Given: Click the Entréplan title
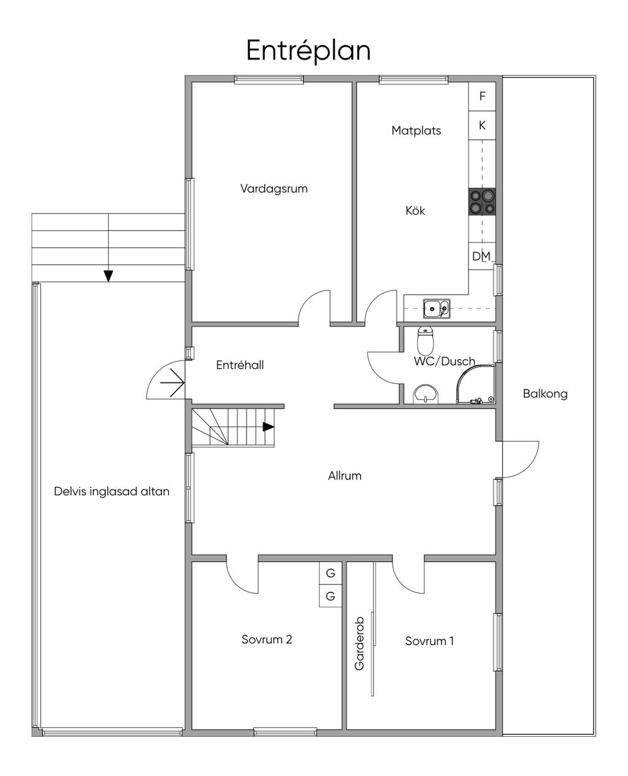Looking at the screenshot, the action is click(x=308, y=50).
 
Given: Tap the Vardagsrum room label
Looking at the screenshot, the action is click(x=274, y=188).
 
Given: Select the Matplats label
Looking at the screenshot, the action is click(x=416, y=130).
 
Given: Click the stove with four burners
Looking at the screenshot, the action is click(x=482, y=201).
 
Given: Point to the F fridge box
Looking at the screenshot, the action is click(x=482, y=96).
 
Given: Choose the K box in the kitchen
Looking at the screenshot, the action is click(x=482, y=125).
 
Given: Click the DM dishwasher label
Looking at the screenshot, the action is click(x=481, y=256).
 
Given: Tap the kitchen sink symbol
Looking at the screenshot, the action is click(x=436, y=308).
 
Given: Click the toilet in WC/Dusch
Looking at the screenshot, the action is click(x=425, y=340).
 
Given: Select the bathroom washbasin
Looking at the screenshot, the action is click(x=426, y=394).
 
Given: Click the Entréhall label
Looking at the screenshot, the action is click(x=240, y=365).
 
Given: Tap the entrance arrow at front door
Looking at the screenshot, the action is click(x=172, y=382).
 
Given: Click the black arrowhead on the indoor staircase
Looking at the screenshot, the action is click(x=269, y=427).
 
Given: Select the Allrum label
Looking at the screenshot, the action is click(x=345, y=476).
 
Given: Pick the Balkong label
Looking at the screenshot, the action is click(x=545, y=394).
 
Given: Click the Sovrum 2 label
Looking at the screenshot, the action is click(x=267, y=639).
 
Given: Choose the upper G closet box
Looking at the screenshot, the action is click(x=331, y=573).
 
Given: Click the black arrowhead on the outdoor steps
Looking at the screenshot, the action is click(x=108, y=276).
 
